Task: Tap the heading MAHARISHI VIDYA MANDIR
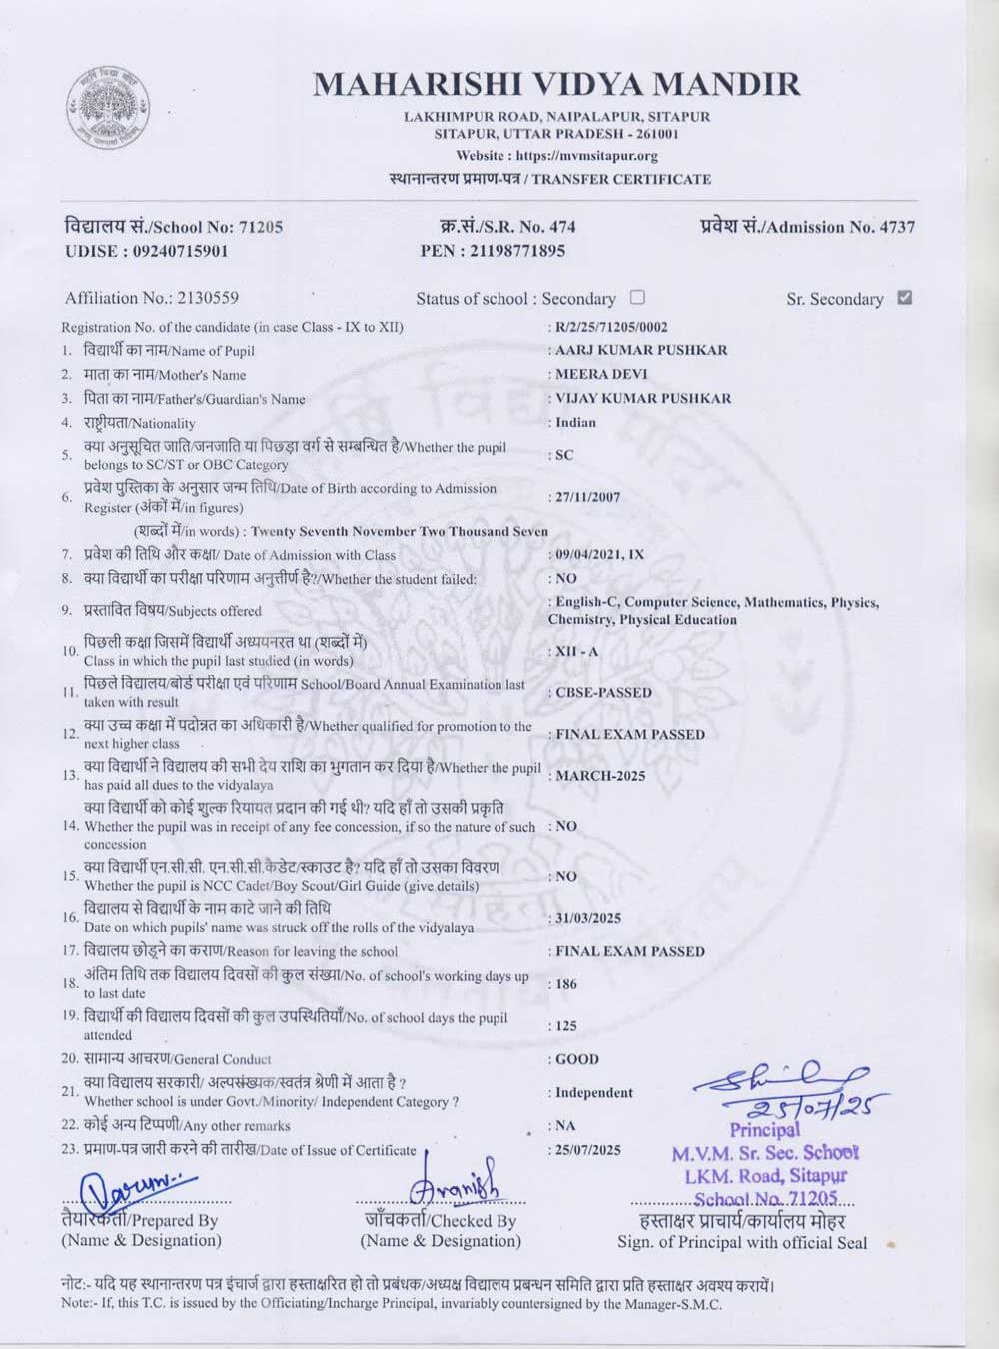click(x=556, y=85)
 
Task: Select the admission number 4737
click(x=896, y=227)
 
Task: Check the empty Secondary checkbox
click(x=637, y=297)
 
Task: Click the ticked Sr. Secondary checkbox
click(x=904, y=297)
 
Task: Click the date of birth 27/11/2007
click(x=587, y=497)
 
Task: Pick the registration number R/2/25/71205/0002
click(x=611, y=327)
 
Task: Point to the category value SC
click(x=564, y=455)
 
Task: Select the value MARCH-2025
click(x=600, y=776)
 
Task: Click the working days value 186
click(x=566, y=984)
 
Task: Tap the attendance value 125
click(x=566, y=1026)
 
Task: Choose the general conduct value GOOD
click(x=577, y=1059)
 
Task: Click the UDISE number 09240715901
click(x=180, y=251)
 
